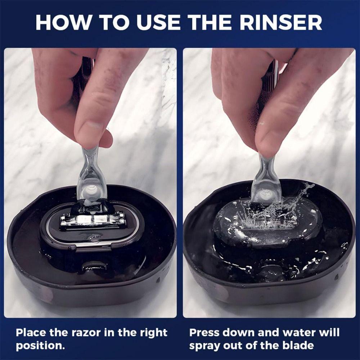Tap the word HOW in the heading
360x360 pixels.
(x=60, y=22)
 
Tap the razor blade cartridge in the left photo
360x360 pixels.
(x=93, y=220)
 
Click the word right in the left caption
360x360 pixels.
(x=147, y=332)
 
